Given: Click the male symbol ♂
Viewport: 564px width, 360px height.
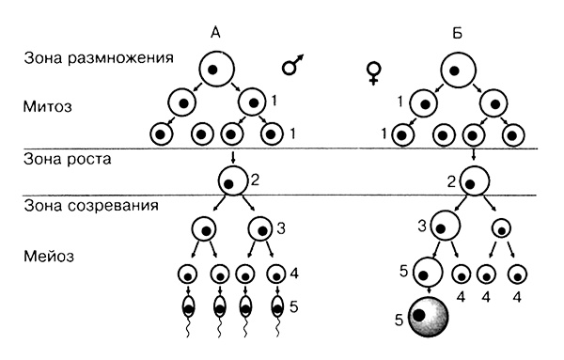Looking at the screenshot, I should coord(293,67).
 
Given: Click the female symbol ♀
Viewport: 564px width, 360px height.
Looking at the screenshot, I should coord(373,73).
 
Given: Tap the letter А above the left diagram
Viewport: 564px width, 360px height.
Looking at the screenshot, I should coord(215,33).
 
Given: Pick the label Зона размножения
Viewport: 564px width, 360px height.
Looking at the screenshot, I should coord(100,57).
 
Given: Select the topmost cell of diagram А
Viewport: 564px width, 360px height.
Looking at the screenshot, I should coord(215,69).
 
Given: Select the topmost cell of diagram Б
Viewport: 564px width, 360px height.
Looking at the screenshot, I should coord(460,68).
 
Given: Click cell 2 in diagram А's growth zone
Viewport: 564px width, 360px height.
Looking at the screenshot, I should coord(232,179).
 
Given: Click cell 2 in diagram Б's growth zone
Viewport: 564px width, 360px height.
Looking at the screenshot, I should coord(476,180).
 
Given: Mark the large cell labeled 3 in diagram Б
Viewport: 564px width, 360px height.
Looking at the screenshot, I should coord(446,227).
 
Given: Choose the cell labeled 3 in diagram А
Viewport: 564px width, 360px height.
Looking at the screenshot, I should coord(259,227).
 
